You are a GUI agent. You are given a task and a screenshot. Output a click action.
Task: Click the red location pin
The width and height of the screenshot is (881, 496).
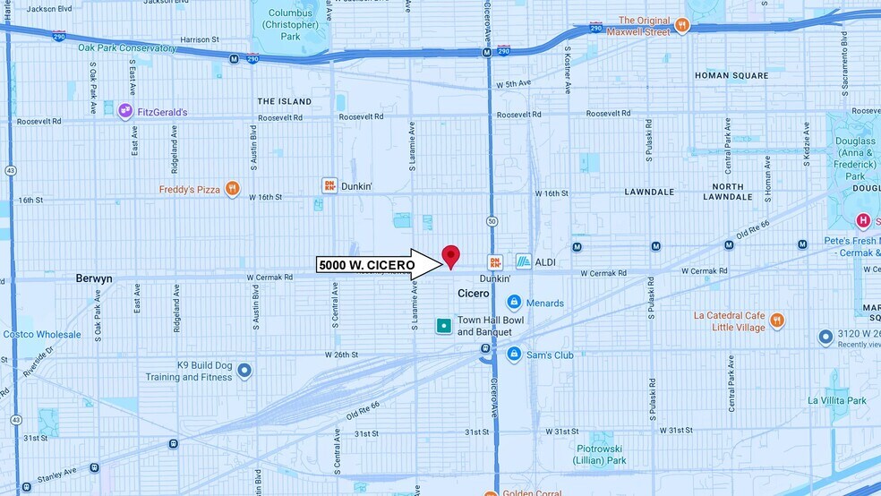click(451, 256)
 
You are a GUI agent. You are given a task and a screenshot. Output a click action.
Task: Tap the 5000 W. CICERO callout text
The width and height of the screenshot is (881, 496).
click(365, 265)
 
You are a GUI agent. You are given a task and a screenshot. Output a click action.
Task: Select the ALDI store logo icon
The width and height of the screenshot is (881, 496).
click(524, 261)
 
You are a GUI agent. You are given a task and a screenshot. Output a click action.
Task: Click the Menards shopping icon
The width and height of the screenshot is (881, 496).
click(514, 303)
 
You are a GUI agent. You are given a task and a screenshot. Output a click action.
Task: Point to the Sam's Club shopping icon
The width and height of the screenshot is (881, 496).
click(514, 355)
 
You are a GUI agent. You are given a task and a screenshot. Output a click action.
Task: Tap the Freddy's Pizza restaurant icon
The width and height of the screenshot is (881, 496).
click(232, 189)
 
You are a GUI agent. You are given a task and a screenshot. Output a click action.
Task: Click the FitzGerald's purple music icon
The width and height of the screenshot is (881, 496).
click(126, 111)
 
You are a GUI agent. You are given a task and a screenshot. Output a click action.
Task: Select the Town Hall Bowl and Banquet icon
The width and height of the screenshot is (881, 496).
click(443, 326)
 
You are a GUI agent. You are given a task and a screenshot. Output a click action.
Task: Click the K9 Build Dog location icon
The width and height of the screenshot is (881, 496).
click(244, 371)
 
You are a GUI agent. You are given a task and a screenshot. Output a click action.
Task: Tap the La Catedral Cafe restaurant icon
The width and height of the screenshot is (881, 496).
click(777, 320)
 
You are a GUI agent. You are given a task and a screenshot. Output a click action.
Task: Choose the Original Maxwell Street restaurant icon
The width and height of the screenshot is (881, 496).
click(682, 26)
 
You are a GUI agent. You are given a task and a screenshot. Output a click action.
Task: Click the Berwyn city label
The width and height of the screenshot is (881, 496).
click(94, 278)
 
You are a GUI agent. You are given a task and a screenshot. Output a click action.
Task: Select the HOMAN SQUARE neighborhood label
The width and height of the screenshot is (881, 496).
click(731, 75)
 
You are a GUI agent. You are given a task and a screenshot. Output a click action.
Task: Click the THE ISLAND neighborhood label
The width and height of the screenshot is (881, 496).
click(284, 101)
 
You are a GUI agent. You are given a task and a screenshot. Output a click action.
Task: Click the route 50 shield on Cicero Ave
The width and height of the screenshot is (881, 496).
click(492, 220)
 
